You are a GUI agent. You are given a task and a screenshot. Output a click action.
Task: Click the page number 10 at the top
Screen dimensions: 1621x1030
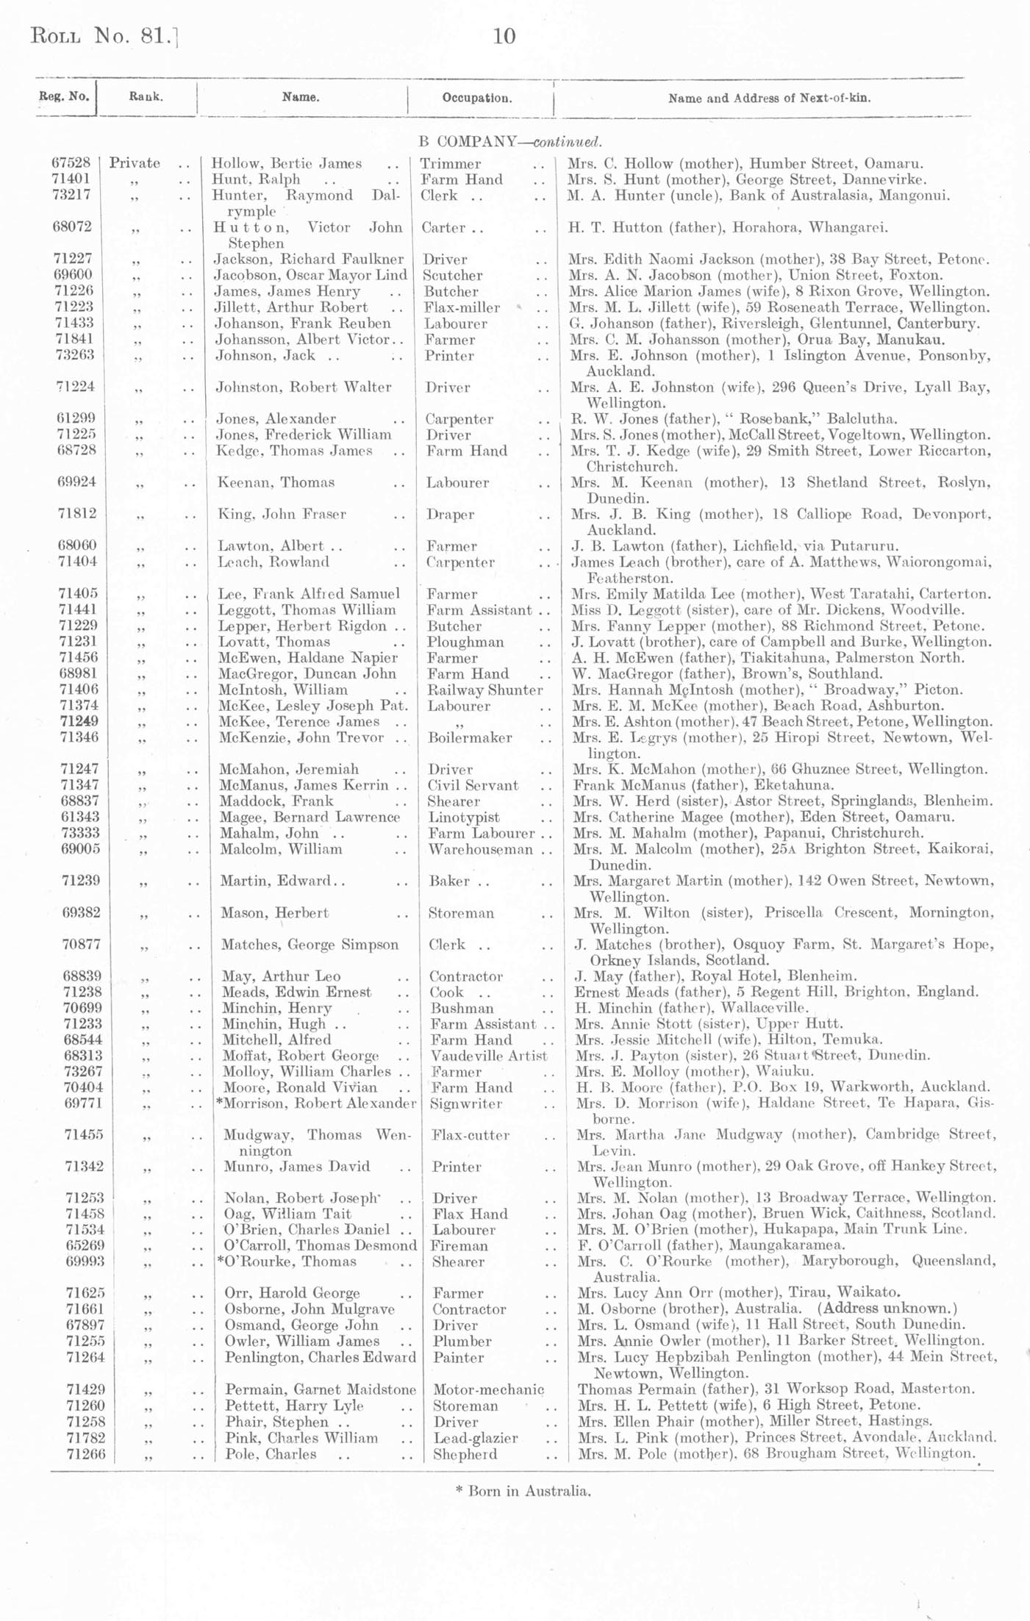click(504, 36)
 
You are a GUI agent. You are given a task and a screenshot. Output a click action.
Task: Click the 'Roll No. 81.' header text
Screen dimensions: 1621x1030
click(103, 36)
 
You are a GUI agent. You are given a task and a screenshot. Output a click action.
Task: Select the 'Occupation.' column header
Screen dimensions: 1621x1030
click(477, 98)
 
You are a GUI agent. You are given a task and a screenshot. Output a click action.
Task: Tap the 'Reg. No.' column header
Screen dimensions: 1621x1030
click(64, 96)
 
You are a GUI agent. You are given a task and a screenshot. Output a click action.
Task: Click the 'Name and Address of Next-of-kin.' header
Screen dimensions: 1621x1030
click(769, 98)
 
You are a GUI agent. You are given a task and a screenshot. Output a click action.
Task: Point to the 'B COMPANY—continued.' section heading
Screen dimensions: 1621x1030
click(509, 142)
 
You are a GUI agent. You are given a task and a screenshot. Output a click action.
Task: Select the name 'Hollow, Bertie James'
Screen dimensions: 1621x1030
click(286, 164)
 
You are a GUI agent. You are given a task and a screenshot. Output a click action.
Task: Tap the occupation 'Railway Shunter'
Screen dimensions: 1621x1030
click(485, 690)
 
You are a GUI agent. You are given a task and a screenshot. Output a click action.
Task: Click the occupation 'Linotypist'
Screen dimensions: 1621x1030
click(463, 817)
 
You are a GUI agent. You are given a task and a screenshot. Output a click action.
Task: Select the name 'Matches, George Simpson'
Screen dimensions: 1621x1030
click(310, 945)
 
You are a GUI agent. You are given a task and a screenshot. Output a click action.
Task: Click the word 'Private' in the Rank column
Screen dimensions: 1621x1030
click(135, 163)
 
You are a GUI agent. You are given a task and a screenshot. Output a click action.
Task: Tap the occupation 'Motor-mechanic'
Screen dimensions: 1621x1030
click(488, 1389)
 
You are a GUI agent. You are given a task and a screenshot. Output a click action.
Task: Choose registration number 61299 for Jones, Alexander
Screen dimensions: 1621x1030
click(76, 418)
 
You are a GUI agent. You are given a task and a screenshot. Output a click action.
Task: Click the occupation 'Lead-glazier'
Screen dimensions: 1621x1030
click(475, 1438)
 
